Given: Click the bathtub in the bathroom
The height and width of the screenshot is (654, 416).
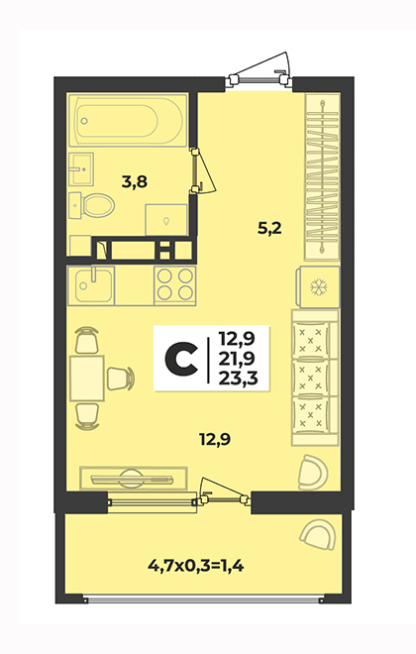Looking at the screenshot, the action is coord(128,120).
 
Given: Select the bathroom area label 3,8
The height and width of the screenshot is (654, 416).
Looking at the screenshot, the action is coord(135,182).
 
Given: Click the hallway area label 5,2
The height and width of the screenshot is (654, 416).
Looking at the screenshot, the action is coord(269,229).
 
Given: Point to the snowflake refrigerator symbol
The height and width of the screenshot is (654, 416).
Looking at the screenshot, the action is coord(319,287).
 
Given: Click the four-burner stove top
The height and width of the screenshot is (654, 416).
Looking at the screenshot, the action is coord(174,285).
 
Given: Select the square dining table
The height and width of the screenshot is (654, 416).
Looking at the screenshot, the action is coord(87,378).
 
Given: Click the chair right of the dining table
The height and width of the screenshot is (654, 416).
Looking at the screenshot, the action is coord(121,379).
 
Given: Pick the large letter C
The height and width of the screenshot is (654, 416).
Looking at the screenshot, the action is coord(181,358).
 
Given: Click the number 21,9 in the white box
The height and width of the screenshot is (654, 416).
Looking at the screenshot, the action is coord(238,359).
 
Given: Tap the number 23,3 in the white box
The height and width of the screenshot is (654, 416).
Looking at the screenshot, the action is coord(239,378).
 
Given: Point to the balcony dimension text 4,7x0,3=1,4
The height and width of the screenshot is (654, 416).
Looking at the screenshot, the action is coord(196,566).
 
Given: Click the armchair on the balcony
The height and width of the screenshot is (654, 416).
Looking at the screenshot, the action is coord(316,535).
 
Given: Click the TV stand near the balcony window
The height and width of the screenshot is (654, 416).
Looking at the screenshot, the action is coord(133,478).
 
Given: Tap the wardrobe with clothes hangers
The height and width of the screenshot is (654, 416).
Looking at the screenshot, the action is coord(322,176).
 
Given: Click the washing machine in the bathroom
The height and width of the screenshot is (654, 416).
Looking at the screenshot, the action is coord(165,219).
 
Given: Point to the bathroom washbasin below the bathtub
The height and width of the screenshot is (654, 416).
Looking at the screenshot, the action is coord(81,168).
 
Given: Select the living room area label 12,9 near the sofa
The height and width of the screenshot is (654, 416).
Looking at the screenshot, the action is coord(215,439).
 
